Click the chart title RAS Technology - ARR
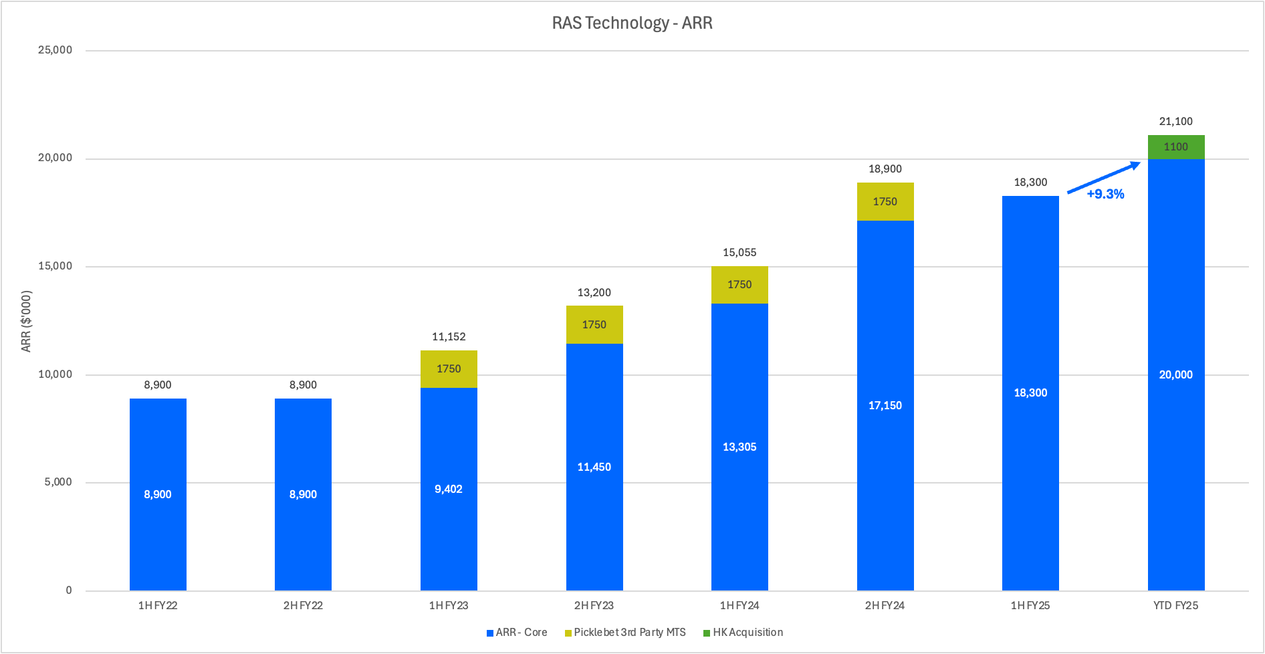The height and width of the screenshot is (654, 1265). pyautogui.click(x=632, y=23)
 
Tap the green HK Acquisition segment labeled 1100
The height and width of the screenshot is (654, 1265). pyautogui.click(x=1175, y=147)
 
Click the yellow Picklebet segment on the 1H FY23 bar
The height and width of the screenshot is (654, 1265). pyautogui.click(x=449, y=369)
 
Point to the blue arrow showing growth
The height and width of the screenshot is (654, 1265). pyautogui.click(x=1103, y=177)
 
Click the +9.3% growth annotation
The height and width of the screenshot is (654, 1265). pyautogui.click(x=1105, y=195)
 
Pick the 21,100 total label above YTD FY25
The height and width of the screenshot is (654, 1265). pyautogui.click(x=1175, y=122)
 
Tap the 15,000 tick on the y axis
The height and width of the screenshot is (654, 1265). pyautogui.click(x=55, y=266)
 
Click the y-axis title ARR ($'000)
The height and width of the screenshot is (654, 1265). pyautogui.click(x=26, y=321)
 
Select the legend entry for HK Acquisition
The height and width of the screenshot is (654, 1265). pyautogui.click(x=747, y=633)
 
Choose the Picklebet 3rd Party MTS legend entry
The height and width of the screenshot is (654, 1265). pyautogui.click(x=629, y=633)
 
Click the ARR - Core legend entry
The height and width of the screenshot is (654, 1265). pyautogui.click(x=521, y=633)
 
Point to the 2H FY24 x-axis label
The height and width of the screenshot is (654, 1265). pyautogui.click(x=885, y=606)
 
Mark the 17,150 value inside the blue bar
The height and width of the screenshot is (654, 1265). pyautogui.click(x=885, y=406)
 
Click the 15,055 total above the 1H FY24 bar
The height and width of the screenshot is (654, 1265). pyautogui.click(x=739, y=253)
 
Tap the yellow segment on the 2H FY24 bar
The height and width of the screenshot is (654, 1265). pyautogui.click(x=885, y=202)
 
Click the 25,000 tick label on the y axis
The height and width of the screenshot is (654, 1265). pyautogui.click(x=55, y=50)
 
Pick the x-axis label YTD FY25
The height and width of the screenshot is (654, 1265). pyautogui.click(x=1175, y=606)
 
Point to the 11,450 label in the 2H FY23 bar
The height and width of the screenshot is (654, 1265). pyautogui.click(x=594, y=467)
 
